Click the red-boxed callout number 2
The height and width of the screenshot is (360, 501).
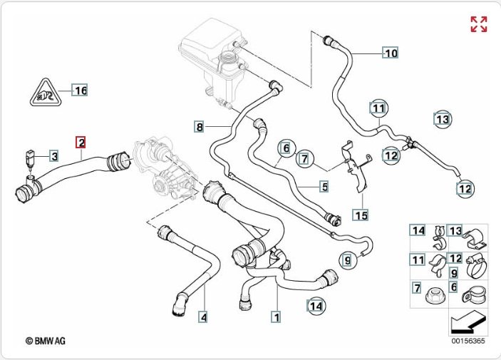(82, 142)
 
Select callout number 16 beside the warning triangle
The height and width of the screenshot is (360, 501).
(81, 91)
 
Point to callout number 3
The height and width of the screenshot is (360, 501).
(53, 155)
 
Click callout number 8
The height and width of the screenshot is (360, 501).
(200, 127)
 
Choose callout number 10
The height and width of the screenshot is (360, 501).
(391, 53)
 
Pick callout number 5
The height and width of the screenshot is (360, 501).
(324, 187)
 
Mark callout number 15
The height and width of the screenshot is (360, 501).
(361, 215)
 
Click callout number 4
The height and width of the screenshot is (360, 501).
(203, 316)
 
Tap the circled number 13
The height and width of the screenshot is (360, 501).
(443, 119)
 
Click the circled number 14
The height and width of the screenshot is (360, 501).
(316, 306)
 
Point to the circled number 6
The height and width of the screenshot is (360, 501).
(285, 148)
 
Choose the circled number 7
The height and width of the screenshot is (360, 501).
(304, 158)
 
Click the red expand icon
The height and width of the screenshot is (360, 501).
(479, 24)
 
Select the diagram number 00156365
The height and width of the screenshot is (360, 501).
(467, 341)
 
